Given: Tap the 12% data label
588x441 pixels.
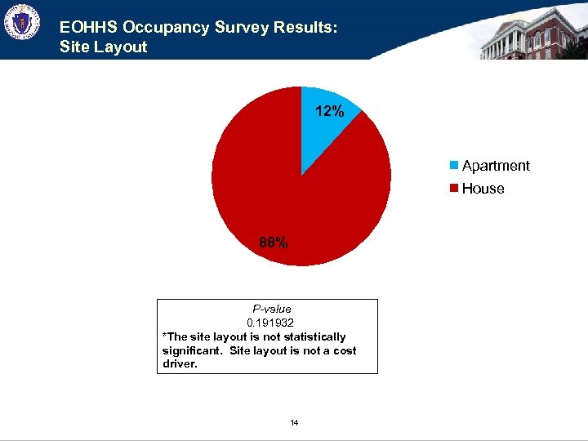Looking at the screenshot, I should tap(329, 112).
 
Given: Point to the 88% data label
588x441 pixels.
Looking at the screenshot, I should tap(273, 243).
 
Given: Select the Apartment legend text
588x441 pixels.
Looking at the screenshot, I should tap(496, 166).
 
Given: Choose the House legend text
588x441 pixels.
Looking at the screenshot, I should tap(483, 189).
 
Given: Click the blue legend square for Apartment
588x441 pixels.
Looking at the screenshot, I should tap(453, 166).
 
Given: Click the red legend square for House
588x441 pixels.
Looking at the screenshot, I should tap(453, 189).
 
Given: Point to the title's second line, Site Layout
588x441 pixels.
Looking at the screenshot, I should tap(103, 47).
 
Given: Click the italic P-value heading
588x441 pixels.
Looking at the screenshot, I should tap(272, 309).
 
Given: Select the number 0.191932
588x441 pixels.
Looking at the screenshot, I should tap(272, 323).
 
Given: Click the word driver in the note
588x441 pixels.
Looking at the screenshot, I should tap(178, 363).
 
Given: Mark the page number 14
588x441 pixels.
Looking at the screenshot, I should tap(294, 422).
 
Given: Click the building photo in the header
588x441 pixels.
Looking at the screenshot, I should tap(531, 33).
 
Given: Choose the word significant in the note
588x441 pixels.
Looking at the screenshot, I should tap(193, 350).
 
